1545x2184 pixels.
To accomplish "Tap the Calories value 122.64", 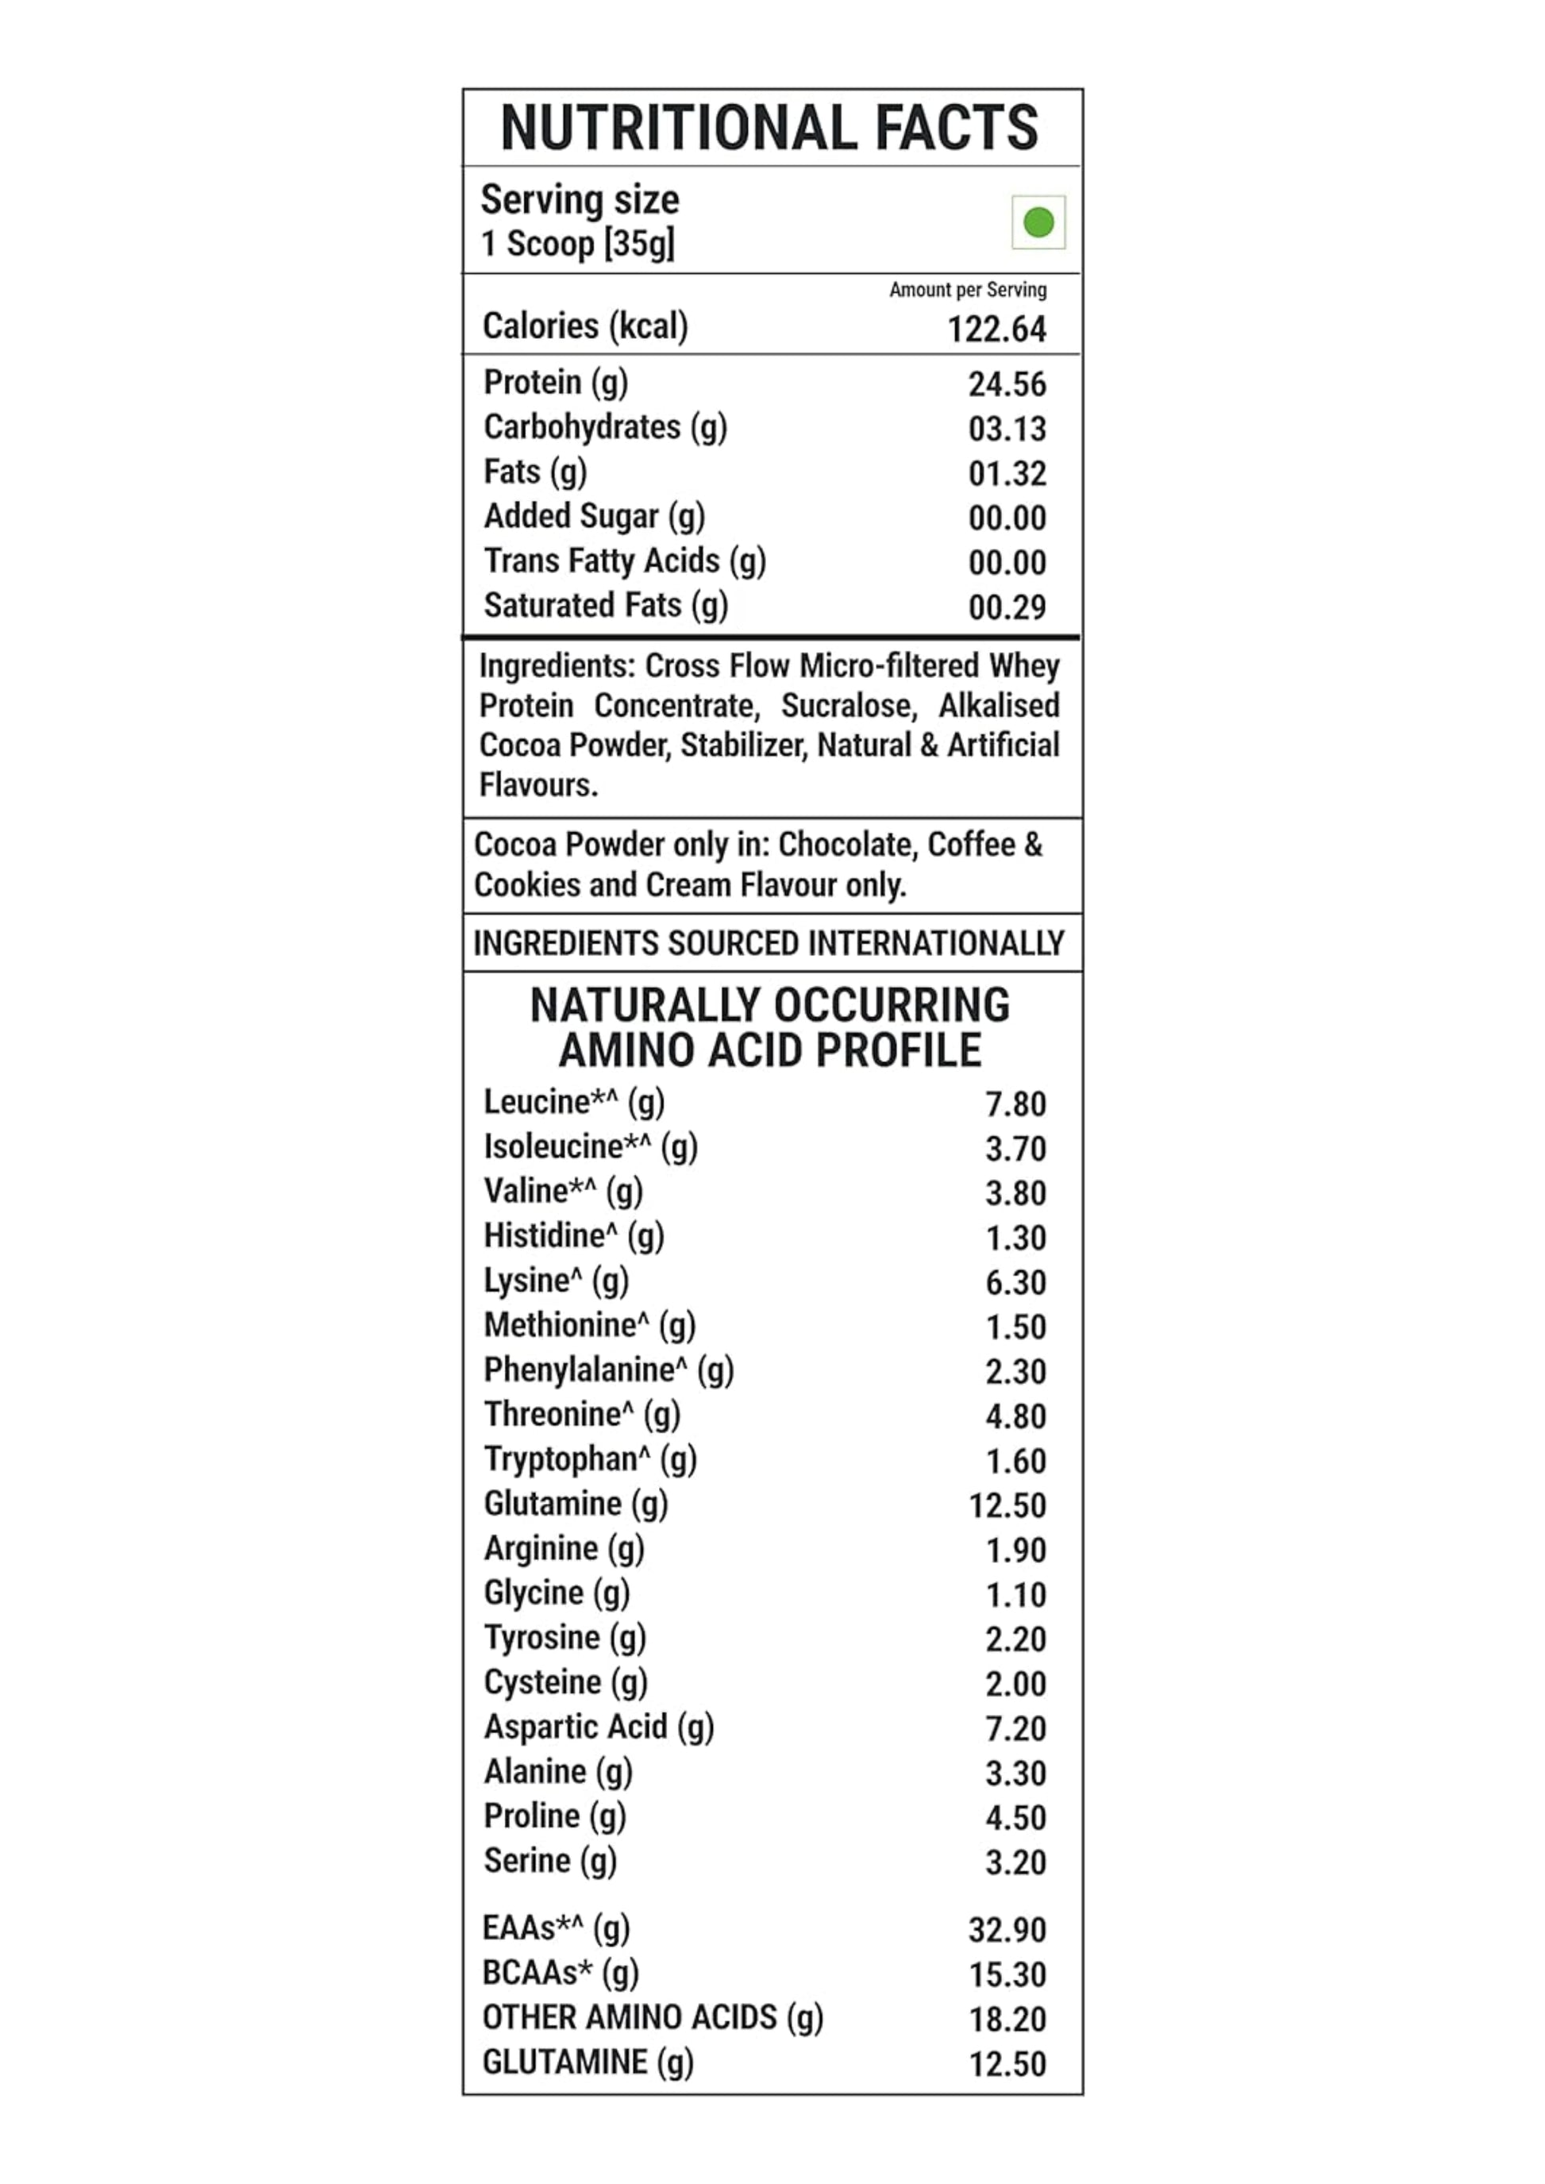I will click(996, 329).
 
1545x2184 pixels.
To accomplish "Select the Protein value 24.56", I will click(1007, 384).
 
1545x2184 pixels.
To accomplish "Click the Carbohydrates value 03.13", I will click(1007, 429).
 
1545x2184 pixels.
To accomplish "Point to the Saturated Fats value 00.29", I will click(1007, 607).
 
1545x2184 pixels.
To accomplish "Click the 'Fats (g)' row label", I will click(534, 472).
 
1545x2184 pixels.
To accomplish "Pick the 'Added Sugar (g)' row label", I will click(594, 517).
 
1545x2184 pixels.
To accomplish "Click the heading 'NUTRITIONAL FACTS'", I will click(769, 128).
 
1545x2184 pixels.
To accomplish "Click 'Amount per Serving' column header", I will click(968, 290).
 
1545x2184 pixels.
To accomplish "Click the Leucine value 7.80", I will click(1015, 1104).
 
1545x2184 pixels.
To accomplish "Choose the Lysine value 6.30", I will click(1015, 1282).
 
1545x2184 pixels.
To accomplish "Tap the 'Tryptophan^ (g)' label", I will click(590, 1459).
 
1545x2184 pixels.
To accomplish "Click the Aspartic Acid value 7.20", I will click(1015, 1728).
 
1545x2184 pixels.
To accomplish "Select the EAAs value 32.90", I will click(1007, 1930).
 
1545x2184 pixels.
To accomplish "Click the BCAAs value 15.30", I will click(1007, 1974).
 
